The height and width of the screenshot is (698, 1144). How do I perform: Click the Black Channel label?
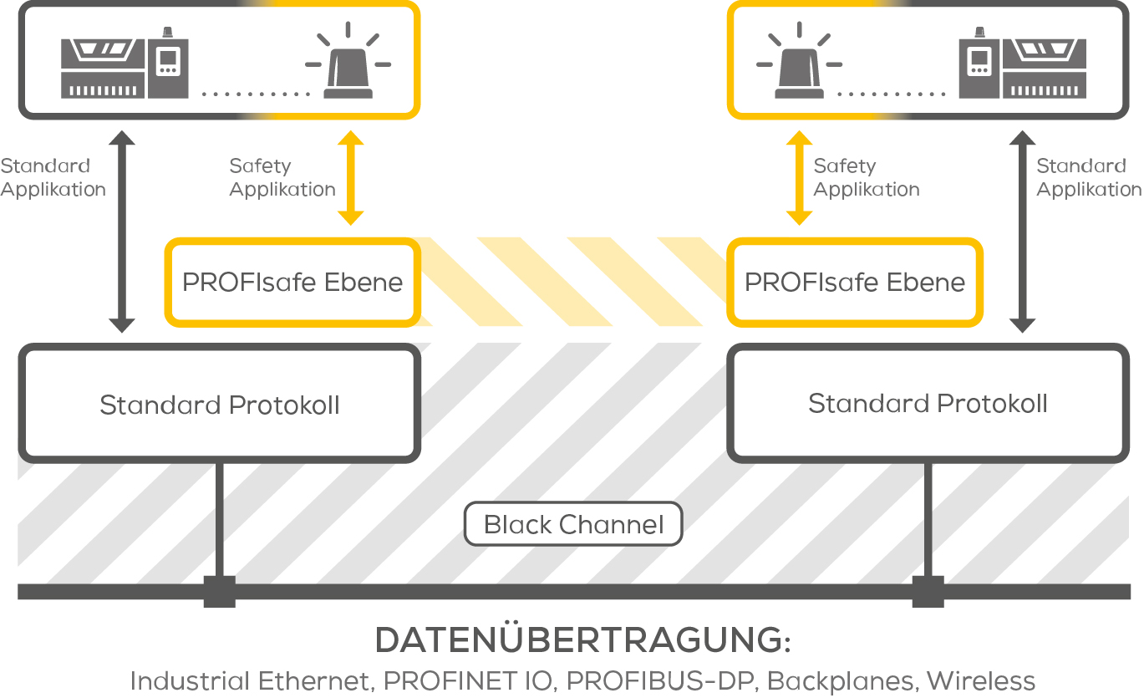tap(573, 525)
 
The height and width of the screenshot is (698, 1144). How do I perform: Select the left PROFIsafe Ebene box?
tap(292, 283)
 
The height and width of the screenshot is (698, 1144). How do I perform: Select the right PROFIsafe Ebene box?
tap(854, 283)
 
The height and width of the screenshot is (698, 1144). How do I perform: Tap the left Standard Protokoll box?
tap(219, 405)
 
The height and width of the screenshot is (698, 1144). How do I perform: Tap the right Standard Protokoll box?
tap(928, 404)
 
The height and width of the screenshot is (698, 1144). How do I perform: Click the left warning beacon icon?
tap(348, 66)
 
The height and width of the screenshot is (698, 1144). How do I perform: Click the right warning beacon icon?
tap(799, 66)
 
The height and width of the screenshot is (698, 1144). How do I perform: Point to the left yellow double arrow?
tap(350, 178)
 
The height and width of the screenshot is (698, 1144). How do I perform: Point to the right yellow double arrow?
tap(799, 178)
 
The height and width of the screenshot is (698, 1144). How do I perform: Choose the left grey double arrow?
tap(122, 232)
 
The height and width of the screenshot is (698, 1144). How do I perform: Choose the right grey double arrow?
tap(1022, 232)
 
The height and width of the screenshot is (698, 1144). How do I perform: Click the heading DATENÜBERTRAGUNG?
tap(582, 641)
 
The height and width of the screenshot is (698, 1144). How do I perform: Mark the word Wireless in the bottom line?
tap(981, 680)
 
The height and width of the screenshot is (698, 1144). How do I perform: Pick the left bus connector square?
tap(220, 592)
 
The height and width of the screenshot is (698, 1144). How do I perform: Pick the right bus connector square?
tap(928, 592)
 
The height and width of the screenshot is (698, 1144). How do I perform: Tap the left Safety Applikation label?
tap(282, 178)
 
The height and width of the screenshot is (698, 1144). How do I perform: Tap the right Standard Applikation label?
tap(1089, 178)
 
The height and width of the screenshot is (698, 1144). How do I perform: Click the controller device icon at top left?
tap(125, 66)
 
